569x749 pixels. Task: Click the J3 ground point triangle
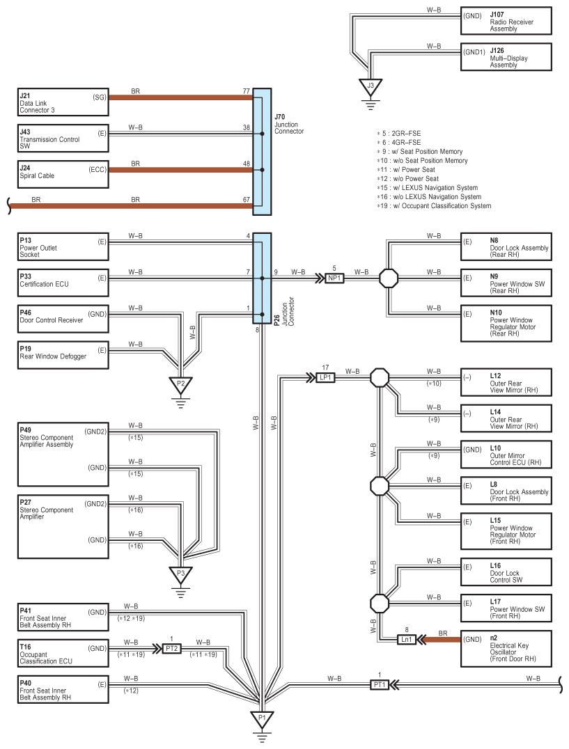(x=371, y=86)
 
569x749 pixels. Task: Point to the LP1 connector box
(x=325, y=377)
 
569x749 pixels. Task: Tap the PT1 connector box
(x=378, y=685)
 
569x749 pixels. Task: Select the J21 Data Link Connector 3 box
(x=63, y=103)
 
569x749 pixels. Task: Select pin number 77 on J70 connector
(x=246, y=91)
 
